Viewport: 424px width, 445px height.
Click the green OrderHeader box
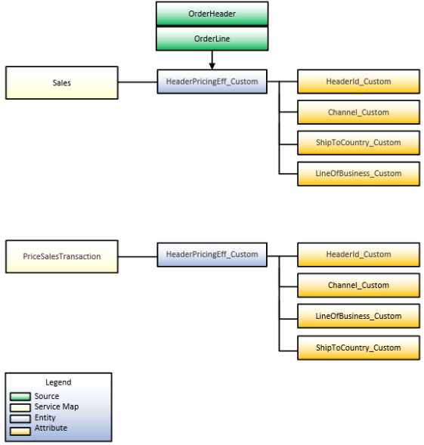[x=212, y=14]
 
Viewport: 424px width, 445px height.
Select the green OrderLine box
[x=212, y=39]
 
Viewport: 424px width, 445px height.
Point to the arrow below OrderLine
[x=212, y=59]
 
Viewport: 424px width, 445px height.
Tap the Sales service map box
[x=62, y=82]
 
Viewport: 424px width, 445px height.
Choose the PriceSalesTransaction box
[x=62, y=256]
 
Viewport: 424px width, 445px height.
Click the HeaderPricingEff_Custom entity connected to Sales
[x=212, y=82]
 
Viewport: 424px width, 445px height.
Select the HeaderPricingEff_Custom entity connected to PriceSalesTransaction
[x=212, y=255]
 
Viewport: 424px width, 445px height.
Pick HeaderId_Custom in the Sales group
[x=358, y=82]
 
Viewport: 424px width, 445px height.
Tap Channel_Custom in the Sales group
[x=358, y=113]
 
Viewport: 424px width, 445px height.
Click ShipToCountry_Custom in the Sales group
[x=358, y=143]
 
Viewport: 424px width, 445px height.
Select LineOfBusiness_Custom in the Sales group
[x=358, y=174]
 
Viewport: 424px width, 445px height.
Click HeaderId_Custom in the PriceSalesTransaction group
[x=358, y=255]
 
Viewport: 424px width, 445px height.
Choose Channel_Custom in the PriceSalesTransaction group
[x=358, y=286]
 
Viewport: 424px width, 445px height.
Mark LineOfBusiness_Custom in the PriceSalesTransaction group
[x=358, y=317]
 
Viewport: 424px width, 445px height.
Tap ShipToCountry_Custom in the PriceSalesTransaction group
[x=358, y=348]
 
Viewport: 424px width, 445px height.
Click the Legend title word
[x=58, y=383]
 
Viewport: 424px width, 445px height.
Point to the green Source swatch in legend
[x=21, y=397]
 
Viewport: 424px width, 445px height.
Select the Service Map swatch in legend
[x=21, y=407]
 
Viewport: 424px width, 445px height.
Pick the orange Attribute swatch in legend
[x=21, y=429]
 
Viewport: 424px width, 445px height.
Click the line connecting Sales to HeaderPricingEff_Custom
[x=138, y=82]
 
